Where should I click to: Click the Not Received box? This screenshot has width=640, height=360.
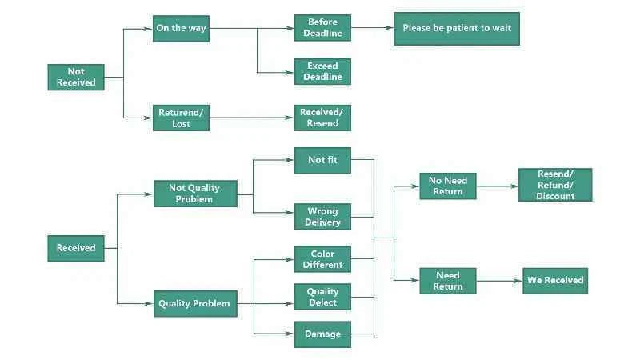tap(76, 77)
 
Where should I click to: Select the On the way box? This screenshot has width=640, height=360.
tap(182, 29)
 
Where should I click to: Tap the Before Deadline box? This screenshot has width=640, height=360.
tap(322, 28)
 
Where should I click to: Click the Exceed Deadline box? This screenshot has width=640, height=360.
tap(322, 71)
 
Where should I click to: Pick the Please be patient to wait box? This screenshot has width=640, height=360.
tap(457, 29)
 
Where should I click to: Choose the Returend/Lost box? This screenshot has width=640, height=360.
tap(182, 118)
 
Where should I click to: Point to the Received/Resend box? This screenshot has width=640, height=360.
tap(322, 118)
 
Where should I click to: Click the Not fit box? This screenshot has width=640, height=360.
tap(322, 161)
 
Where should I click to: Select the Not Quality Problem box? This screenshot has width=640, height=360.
tap(195, 194)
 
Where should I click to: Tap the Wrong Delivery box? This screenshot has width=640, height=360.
tap(322, 217)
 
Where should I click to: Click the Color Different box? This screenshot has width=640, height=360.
tap(322, 258)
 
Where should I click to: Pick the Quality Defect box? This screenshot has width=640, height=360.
tap(322, 297)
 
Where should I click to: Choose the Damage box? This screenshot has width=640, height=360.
tap(322, 334)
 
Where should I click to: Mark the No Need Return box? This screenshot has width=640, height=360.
tap(448, 186)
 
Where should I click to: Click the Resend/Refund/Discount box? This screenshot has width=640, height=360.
tap(555, 185)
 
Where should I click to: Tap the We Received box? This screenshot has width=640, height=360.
tap(555, 281)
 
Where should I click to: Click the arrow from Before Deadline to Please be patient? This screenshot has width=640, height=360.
tap(372, 28)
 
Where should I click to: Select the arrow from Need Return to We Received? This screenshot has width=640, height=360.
tap(499, 281)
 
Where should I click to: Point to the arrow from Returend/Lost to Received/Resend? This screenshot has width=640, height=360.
tap(252, 118)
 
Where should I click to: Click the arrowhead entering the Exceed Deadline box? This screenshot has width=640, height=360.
tap(290, 73)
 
